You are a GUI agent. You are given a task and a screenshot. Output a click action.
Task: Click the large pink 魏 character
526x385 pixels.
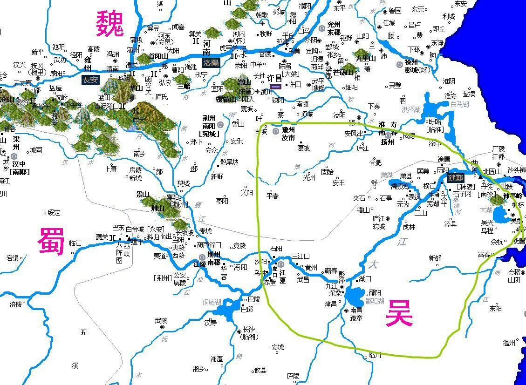pyautogui.click(x=110, y=24)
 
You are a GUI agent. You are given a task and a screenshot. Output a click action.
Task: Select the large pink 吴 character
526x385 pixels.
pyautogui.click(x=399, y=313)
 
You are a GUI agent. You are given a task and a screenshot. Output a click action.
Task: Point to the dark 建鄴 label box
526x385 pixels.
pyautogui.click(x=456, y=178)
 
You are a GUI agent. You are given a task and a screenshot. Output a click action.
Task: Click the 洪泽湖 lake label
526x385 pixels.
pyautogui.click(x=411, y=109)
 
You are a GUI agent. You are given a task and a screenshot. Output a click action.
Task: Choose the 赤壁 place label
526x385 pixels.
pyautogui.click(x=270, y=282)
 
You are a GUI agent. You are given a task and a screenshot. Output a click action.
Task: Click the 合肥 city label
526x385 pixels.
pyautogui.click(x=375, y=162)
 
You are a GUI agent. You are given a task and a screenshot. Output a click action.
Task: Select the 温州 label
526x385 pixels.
pyautogui.click(x=509, y=343)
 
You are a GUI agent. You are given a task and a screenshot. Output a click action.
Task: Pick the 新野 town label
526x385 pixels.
pyautogui.click(x=217, y=176)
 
